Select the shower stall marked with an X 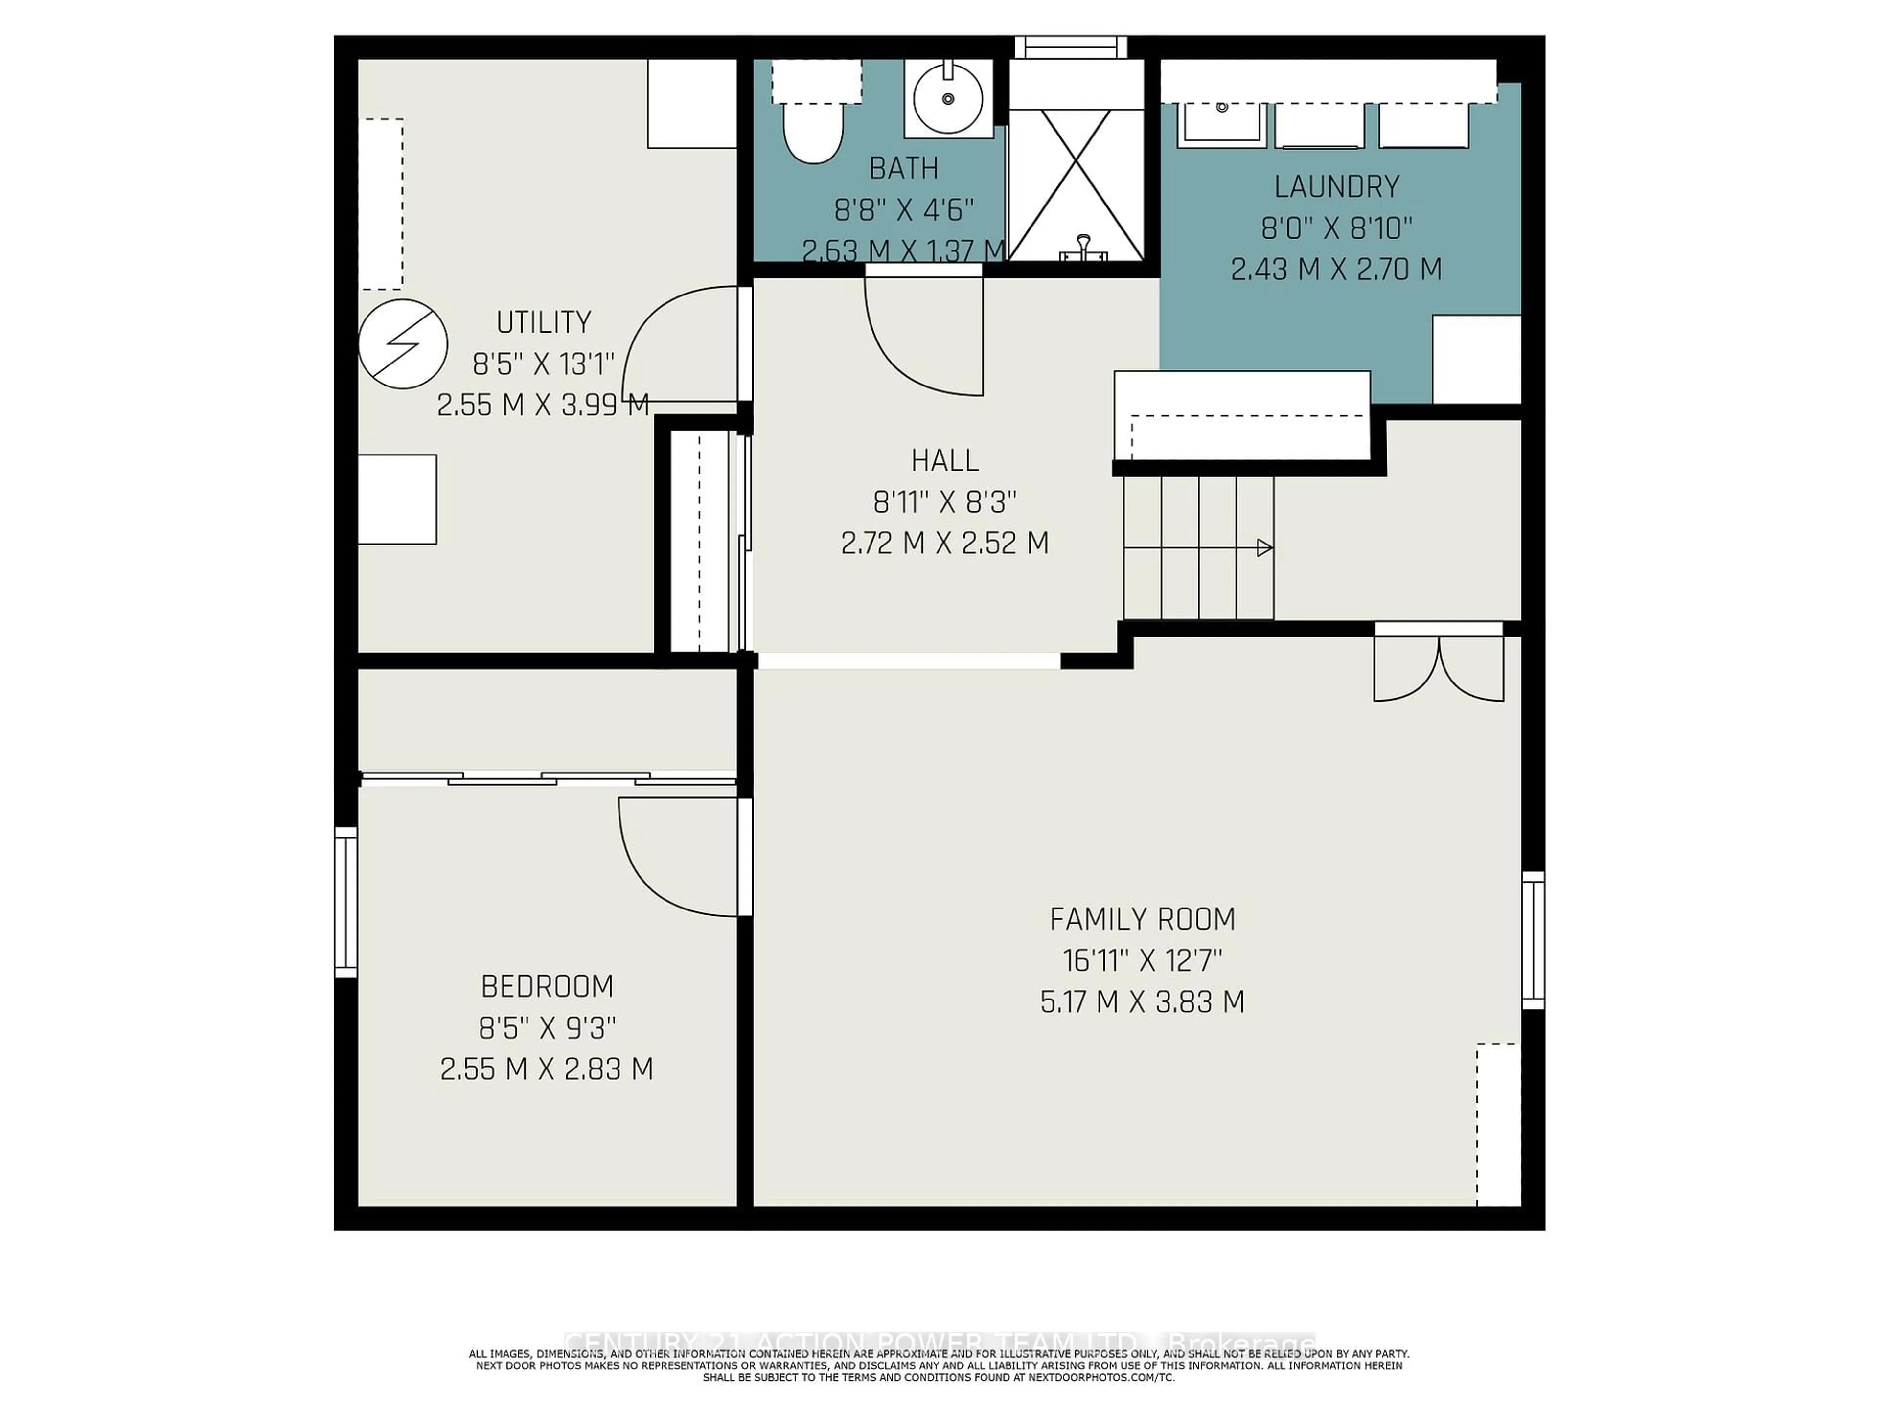click(1076, 184)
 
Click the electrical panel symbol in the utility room click(403, 344)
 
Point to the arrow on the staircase click(1263, 548)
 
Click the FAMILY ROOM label click(1142, 919)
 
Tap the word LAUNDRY click(1336, 186)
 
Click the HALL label click(944, 460)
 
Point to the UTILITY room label click(543, 323)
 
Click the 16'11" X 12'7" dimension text click(1142, 960)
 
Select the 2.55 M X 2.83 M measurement click(546, 1068)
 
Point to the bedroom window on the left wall click(346, 902)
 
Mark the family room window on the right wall click(1533, 940)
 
